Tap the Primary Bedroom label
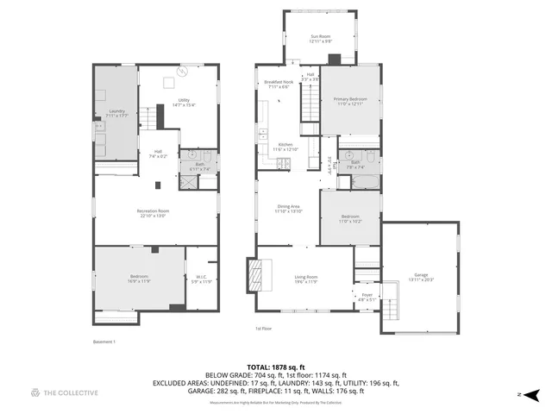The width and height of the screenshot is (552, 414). click(351, 101)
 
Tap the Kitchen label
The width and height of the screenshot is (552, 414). click(285, 146)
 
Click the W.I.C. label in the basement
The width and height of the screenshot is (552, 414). click(199, 279)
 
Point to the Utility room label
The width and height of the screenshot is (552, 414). click(184, 102)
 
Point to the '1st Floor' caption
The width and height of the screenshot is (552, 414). click(263, 329)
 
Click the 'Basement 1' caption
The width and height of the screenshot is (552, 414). click(104, 342)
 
